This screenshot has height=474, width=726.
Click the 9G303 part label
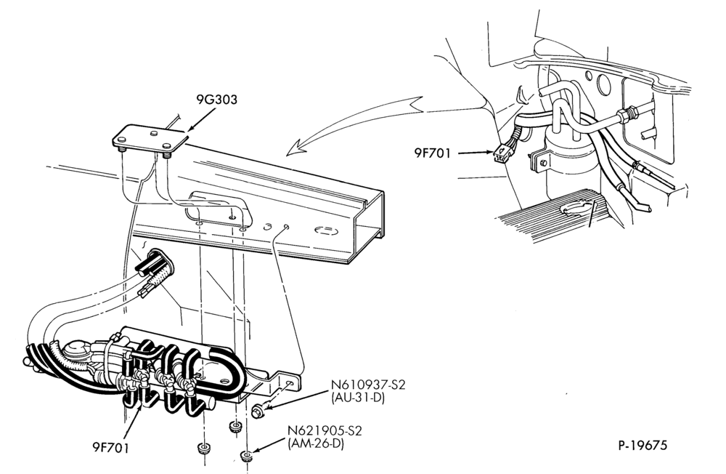(x=216, y=100)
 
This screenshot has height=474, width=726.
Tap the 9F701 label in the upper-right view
(x=432, y=153)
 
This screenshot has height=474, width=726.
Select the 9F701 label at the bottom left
(x=110, y=448)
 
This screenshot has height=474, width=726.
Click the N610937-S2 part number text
(x=368, y=385)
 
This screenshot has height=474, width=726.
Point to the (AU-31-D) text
(x=358, y=398)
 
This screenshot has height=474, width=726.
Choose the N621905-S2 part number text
(x=325, y=431)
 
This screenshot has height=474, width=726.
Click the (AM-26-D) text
(x=316, y=444)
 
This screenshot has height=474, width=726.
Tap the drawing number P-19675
(x=643, y=446)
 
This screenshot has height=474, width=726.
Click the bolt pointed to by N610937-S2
(x=258, y=411)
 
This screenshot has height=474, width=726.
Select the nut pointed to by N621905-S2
(x=248, y=457)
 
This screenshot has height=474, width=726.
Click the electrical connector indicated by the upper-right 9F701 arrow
(x=501, y=153)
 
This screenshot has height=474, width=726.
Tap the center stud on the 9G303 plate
(x=154, y=134)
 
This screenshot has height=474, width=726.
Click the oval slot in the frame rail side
(x=327, y=231)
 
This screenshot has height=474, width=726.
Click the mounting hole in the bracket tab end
(x=290, y=384)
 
